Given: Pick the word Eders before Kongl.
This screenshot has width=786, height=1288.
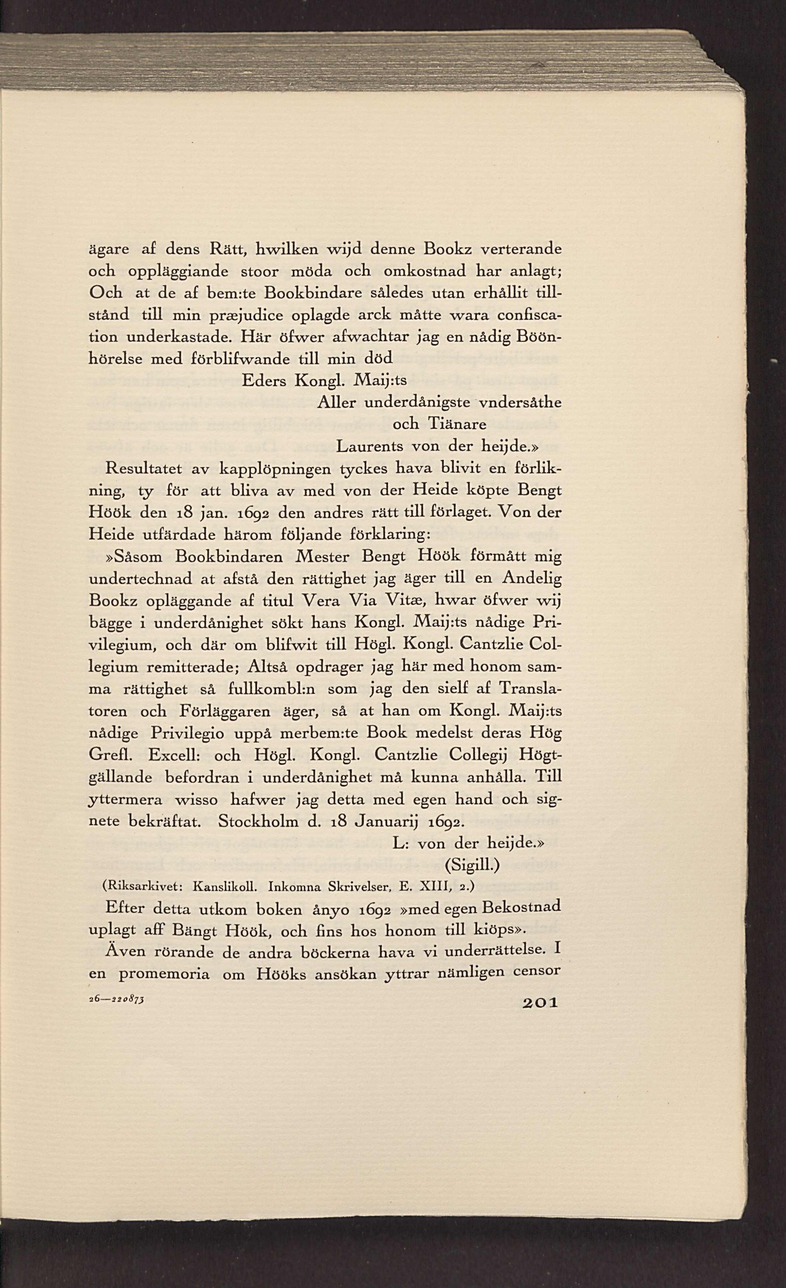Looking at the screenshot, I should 264,381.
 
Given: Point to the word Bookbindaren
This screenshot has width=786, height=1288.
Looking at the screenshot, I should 229,557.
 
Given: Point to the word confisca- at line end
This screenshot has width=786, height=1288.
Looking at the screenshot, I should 529,316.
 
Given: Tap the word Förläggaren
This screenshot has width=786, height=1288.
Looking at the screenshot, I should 225,711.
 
